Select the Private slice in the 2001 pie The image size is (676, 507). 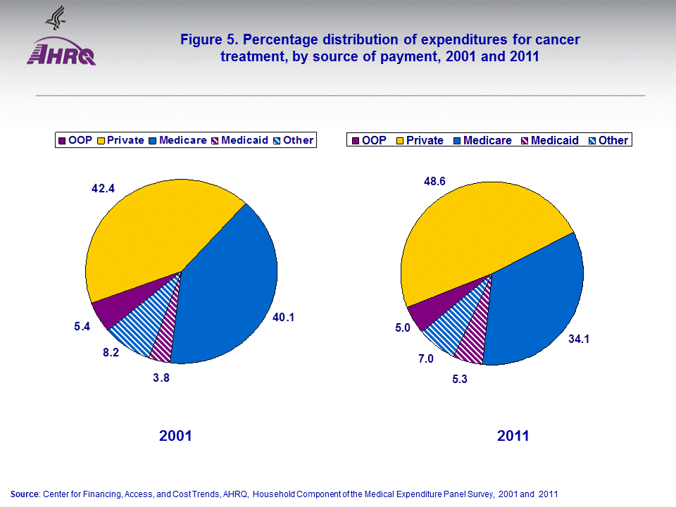pyautogui.click(x=155, y=232)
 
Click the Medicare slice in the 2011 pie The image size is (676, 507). pyautogui.click(x=535, y=303)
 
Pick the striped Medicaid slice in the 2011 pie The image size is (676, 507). pyautogui.click(x=472, y=338)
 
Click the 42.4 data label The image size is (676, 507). pyautogui.click(x=104, y=189)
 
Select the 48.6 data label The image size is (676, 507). pyautogui.click(x=434, y=181)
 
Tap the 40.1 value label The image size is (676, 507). pyautogui.click(x=283, y=318)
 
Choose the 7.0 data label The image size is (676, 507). pyautogui.click(x=425, y=359)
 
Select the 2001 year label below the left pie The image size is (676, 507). pyautogui.click(x=175, y=437)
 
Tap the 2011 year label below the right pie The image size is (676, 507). pyautogui.click(x=513, y=437)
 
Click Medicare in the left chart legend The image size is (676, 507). pyautogui.click(x=182, y=140)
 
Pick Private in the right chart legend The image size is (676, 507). pyautogui.click(x=425, y=140)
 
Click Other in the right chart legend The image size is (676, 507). pyautogui.click(x=613, y=140)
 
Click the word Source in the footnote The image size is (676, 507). pyautogui.click(x=25, y=494)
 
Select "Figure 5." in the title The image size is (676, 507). pyautogui.click(x=208, y=40)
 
